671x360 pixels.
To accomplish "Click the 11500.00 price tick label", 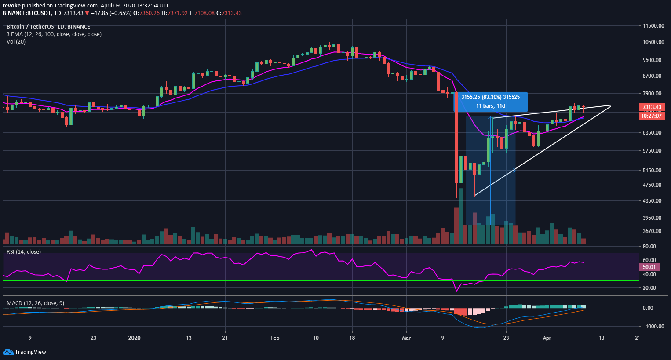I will pos(653,26).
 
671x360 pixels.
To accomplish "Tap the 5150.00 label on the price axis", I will pos(652,170).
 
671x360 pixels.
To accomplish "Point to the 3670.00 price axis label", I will pos(652,231).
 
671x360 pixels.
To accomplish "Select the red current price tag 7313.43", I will pos(652,107).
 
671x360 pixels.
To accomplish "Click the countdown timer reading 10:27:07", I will pos(652,116).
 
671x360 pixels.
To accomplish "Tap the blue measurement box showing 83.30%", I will pos(490,102).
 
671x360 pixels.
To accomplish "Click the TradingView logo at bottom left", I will pos(25,352).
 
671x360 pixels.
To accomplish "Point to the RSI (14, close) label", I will pos(23,252).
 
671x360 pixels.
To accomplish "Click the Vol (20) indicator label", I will pos(16,42).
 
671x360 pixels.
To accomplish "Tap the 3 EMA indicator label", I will pos(54,34).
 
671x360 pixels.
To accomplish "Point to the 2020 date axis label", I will pos(134,338).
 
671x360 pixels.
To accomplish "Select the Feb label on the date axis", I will pos(275,338).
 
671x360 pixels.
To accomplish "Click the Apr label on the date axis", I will pos(547,338).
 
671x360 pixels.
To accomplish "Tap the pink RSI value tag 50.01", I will pos(649,267).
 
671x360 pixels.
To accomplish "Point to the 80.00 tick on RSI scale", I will pos(649,247).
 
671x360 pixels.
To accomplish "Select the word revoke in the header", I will pos(12,6).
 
